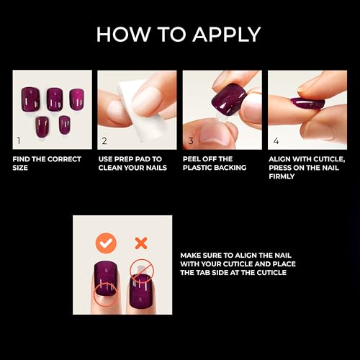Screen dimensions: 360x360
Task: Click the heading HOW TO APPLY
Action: [x=179, y=34]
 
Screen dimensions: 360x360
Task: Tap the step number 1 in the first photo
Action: [x=19, y=140]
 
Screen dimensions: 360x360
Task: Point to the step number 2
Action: [x=104, y=140]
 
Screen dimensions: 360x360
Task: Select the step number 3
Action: [x=190, y=140]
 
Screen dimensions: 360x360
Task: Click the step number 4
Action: [x=276, y=140]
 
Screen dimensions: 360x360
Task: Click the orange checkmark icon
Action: [x=106, y=241]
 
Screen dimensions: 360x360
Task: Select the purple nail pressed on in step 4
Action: [x=308, y=103]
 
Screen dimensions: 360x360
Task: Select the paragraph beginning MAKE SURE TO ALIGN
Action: [x=233, y=264]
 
